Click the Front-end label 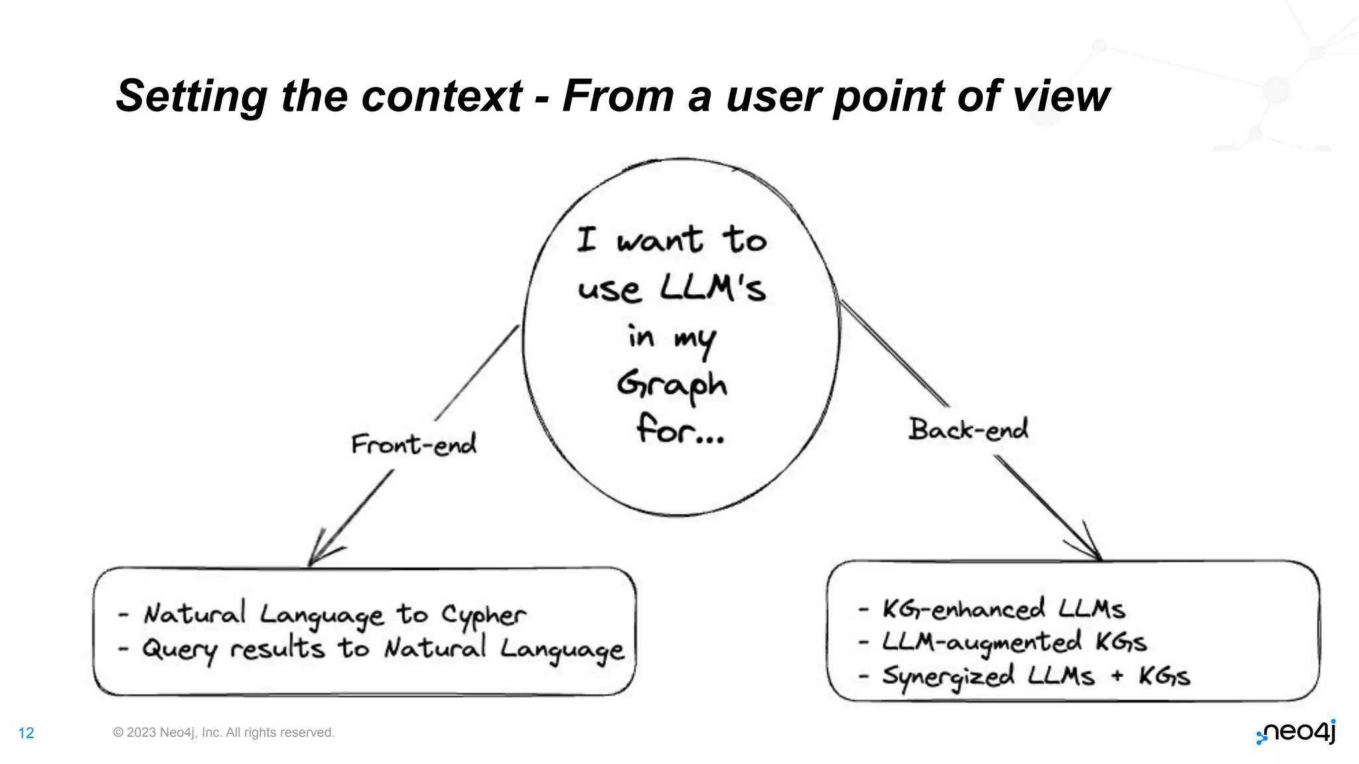(413, 444)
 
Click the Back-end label (968, 429)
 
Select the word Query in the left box (179, 649)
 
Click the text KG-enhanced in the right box (964, 609)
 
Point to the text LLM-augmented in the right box (981, 642)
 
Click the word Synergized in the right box (948, 676)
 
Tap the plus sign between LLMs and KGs (1117, 676)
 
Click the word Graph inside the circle (672, 385)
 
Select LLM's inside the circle (713, 288)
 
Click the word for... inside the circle (679, 429)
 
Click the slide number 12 (26, 733)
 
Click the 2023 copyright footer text (224, 732)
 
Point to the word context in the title (441, 96)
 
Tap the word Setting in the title (191, 96)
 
